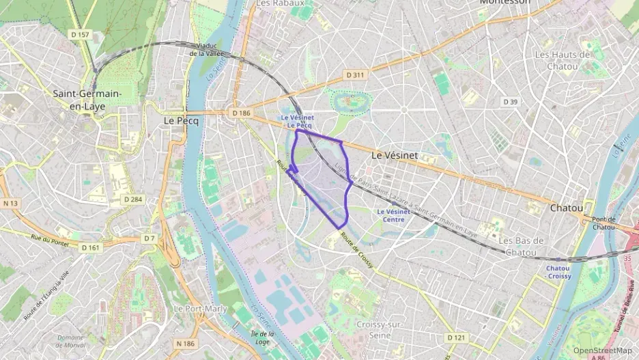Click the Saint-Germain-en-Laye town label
pos(87,100)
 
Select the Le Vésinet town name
pos(394,156)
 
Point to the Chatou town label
pos(566,207)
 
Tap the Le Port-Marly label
pos(196,309)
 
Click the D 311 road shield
pos(354,74)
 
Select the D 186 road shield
pos(241,113)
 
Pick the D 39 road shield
pos(510,102)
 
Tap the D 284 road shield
pos(132,199)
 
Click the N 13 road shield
pos(10,203)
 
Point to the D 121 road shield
pos(456,337)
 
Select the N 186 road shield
pos(184,343)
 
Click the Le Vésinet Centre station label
pos(393,215)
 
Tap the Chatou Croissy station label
pos(558,272)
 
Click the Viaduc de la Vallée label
pos(207,50)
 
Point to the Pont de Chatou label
pos(603,223)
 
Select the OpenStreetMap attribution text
pos(602,350)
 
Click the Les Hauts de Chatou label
pos(562,60)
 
